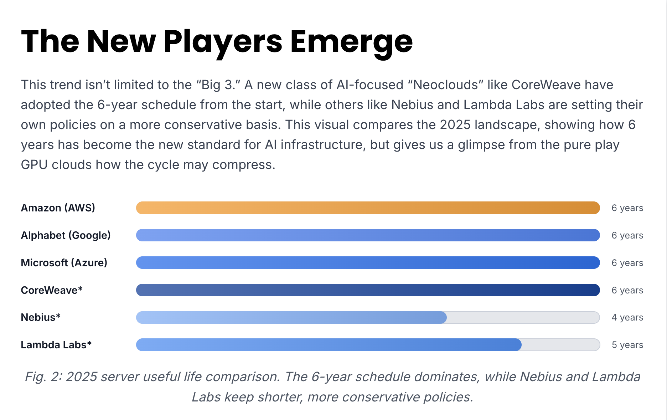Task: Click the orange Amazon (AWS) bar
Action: (368, 208)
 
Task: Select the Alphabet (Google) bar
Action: (368, 235)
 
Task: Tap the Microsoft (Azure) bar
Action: (368, 263)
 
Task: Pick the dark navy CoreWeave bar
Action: (368, 290)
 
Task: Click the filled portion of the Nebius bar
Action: (291, 317)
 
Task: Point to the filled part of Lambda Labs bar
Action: (329, 345)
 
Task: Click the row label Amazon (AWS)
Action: (58, 208)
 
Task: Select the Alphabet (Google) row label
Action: (66, 235)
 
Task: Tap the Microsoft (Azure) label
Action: (64, 263)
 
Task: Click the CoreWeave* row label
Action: (52, 290)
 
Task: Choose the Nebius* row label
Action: (41, 317)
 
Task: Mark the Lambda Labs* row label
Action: (56, 345)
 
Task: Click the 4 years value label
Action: (627, 317)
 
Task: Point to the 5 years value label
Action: (627, 345)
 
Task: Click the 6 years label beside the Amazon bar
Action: (627, 208)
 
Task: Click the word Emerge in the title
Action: (351, 42)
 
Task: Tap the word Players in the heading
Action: (223, 42)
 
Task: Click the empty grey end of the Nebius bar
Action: (522, 317)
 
